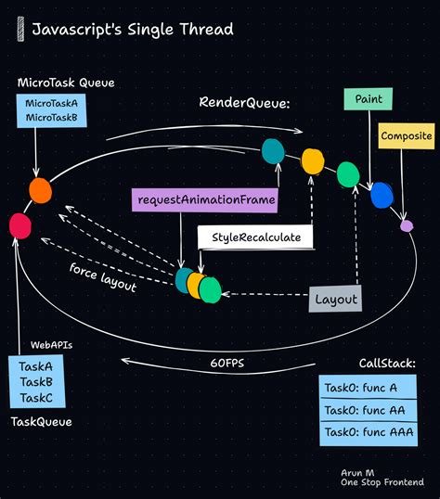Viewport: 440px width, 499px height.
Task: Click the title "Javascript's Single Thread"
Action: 132,30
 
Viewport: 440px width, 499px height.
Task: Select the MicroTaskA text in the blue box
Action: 51,103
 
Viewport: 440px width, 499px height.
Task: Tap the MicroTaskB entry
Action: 51,118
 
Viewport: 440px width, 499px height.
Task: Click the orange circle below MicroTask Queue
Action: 40,190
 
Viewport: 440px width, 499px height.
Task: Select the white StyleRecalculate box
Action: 255,237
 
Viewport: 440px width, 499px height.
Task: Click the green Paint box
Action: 369,99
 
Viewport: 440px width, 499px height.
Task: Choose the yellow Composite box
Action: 407,136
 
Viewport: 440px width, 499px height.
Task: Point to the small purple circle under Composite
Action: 406,225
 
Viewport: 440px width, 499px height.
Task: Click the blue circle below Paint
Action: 382,196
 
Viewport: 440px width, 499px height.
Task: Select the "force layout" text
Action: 103,277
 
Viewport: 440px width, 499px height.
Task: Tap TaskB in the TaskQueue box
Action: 35,382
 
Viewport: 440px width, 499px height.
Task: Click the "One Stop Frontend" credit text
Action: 382,483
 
